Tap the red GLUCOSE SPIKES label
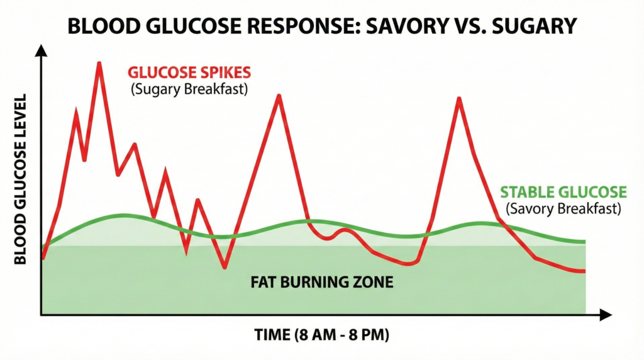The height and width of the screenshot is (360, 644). click(190, 72)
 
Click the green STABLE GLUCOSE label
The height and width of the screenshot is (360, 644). click(563, 192)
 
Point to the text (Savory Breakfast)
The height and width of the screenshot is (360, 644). click(563, 208)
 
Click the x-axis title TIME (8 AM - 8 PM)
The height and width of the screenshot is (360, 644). click(322, 335)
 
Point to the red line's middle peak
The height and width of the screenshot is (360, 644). click(278, 96)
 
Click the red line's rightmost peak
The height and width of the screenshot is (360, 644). click(458, 99)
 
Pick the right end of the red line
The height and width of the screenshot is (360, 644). click(585, 271)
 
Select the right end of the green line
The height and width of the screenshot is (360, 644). click(585, 242)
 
